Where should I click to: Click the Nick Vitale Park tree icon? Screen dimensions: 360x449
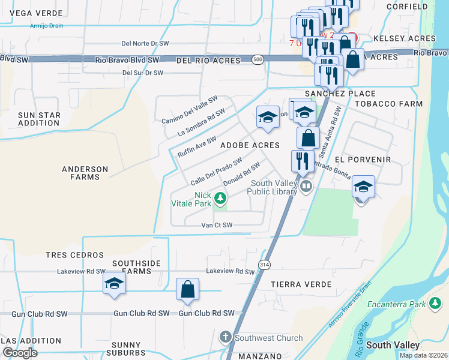[221, 197]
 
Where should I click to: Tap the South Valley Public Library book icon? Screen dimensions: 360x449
[306, 187]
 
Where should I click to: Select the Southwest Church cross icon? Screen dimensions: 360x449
[226, 338]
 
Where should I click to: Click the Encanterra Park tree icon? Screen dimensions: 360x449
[435, 304]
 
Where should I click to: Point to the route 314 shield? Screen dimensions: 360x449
[264, 264]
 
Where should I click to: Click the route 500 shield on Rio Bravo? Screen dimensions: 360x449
[258, 60]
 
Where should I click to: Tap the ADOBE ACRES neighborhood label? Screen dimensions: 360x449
[250, 145]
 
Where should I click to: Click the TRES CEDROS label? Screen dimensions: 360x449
[75, 255]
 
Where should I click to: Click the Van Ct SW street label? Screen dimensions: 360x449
[216, 225]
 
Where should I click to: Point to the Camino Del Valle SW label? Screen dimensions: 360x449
[189, 110]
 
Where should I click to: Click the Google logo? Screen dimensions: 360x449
[20, 353]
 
